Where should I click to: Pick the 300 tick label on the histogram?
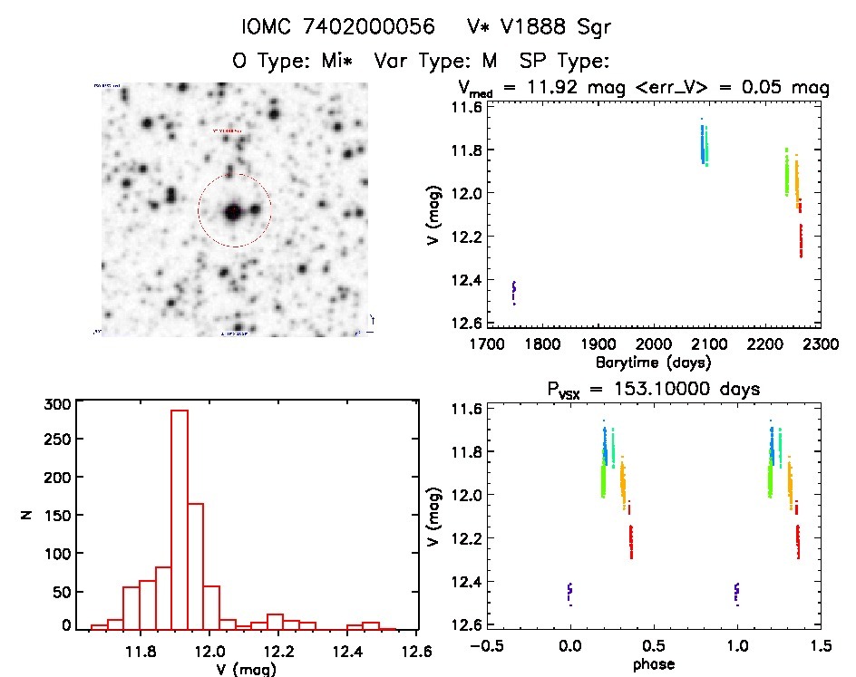point(58,405)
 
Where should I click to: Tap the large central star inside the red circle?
point(232,212)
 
